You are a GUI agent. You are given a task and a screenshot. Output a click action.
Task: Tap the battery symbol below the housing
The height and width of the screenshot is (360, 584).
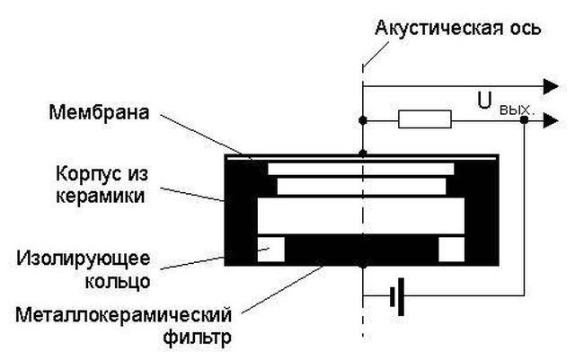pos(397,295)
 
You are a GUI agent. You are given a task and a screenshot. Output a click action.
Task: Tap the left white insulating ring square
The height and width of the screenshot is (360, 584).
pos(270,250)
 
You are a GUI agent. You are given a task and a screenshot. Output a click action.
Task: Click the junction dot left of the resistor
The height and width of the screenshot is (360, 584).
pos(362,119)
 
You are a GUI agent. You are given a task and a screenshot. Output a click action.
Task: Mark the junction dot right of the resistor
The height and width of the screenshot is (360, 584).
pos(524,119)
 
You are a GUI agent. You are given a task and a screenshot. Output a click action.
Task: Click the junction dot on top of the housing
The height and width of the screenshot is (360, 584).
pos(362,154)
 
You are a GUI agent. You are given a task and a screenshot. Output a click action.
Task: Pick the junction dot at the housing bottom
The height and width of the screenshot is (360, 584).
pos(362,267)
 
